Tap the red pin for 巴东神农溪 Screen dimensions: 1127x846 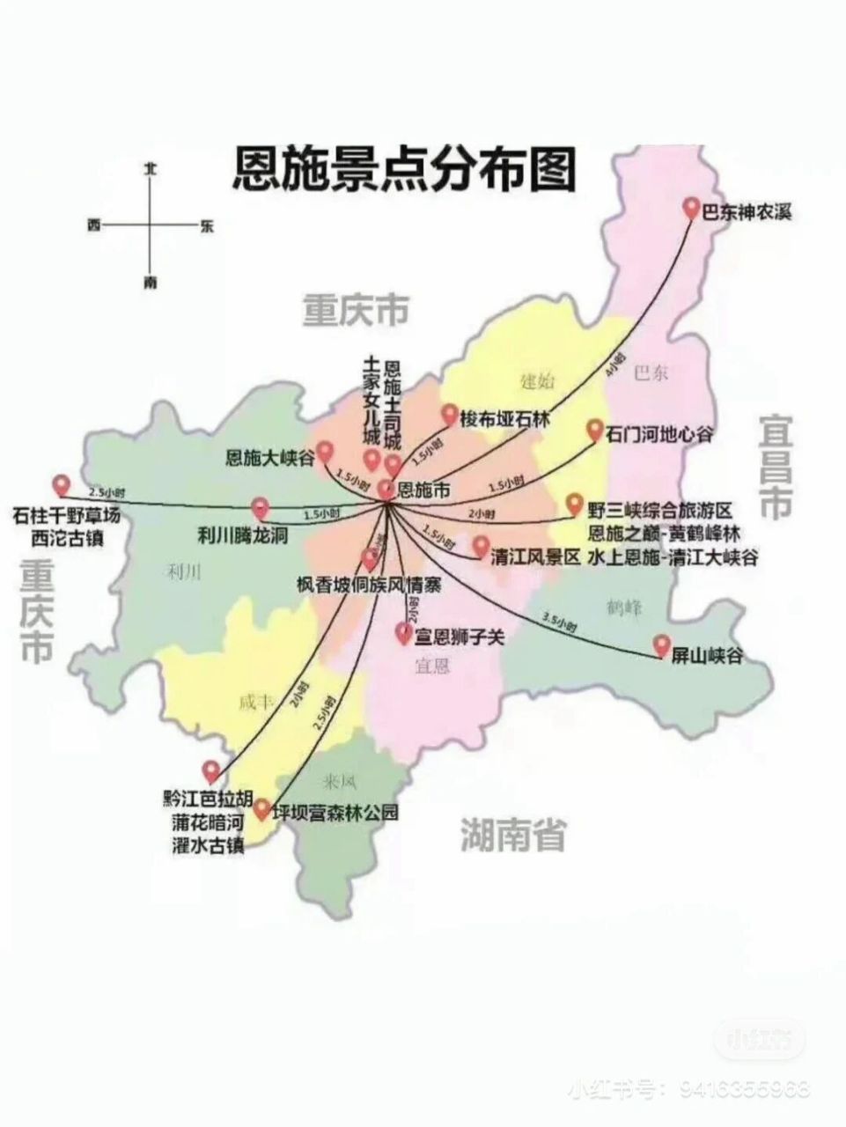[692, 209]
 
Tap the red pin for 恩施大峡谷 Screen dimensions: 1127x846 [325, 452]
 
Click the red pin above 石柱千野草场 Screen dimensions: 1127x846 [61, 484]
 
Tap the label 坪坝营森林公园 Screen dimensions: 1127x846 [335, 812]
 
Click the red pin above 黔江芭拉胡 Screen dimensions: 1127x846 [210, 770]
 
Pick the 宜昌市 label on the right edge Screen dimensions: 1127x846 [776, 466]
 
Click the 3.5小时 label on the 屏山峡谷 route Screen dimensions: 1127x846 [559, 622]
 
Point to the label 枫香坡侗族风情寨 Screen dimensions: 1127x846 [369, 585]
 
